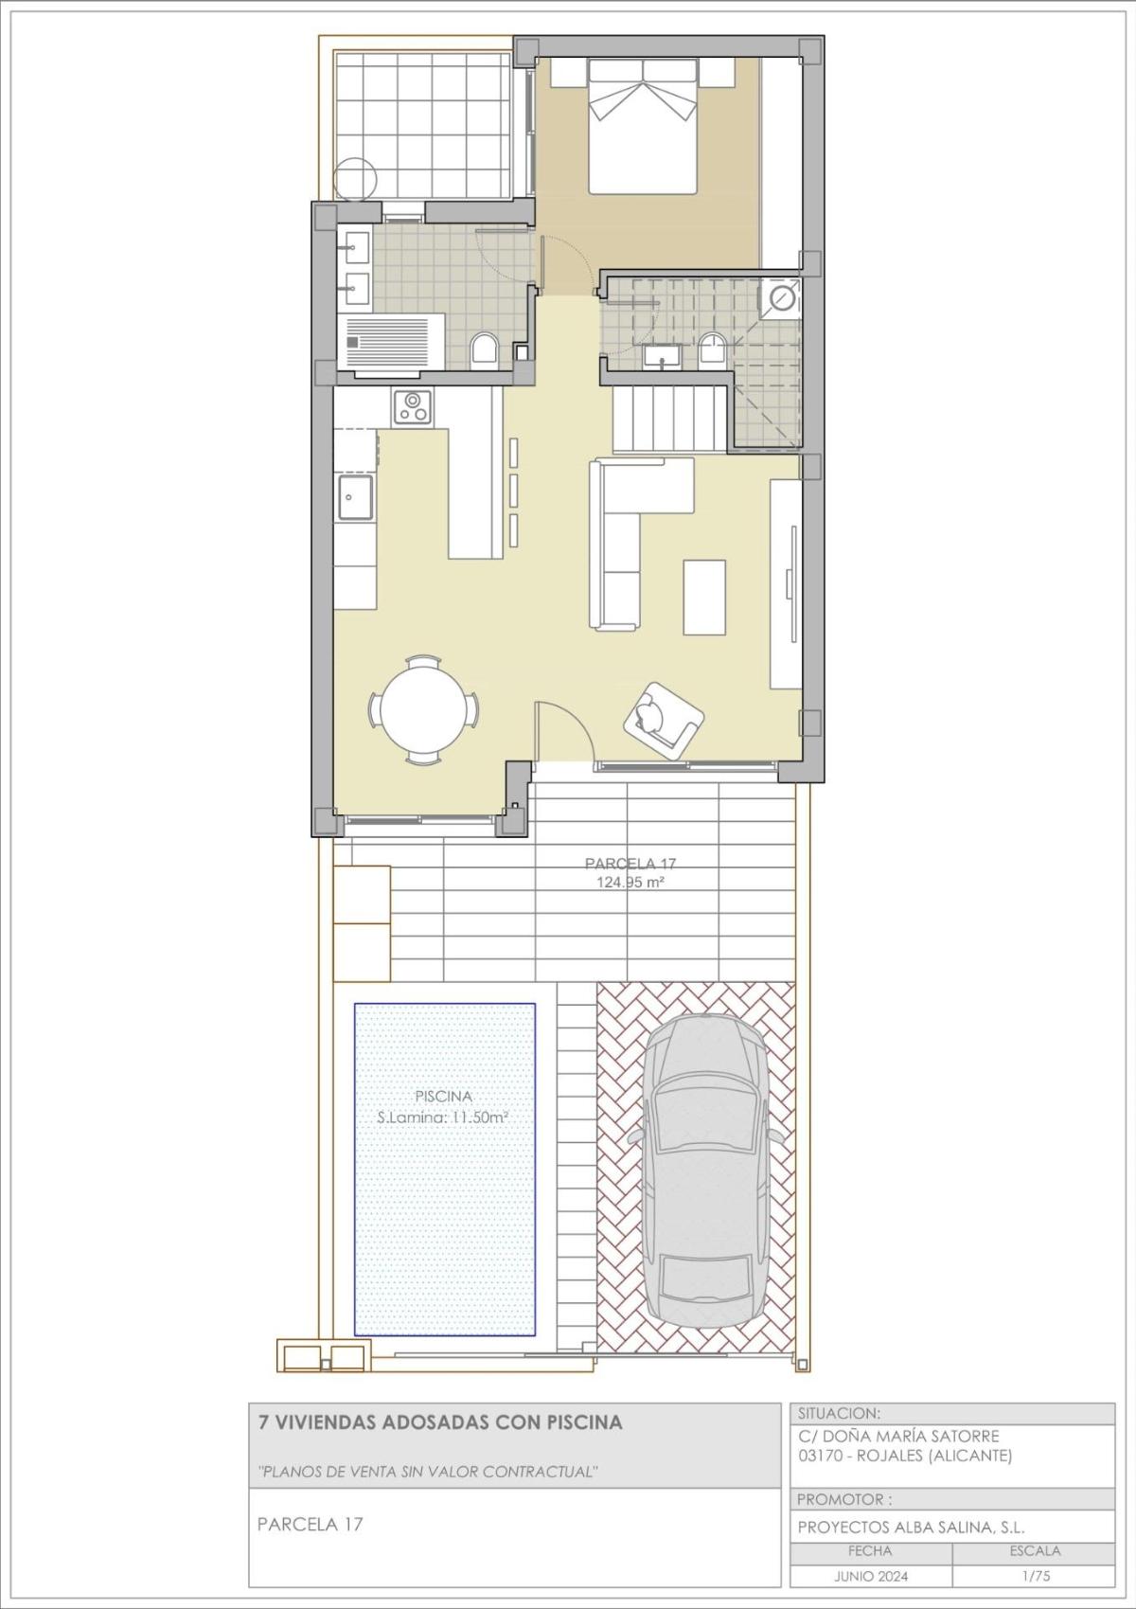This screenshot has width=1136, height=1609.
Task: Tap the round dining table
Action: (423, 709)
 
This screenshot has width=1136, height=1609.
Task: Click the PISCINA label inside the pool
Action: (443, 1096)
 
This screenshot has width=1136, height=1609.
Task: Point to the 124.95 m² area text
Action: (630, 882)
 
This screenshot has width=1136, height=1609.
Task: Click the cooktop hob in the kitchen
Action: (413, 407)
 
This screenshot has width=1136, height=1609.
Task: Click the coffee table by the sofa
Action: (705, 597)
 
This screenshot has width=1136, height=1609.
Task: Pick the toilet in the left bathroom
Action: (484, 350)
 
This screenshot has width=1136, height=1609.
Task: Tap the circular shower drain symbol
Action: (782, 297)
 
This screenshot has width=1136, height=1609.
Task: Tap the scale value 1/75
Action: (1034, 1577)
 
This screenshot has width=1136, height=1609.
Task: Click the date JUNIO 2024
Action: (870, 1577)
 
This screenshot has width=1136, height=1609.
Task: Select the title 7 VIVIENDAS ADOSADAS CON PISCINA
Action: (440, 1421)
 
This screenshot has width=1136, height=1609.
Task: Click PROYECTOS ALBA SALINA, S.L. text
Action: (911, 1527)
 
